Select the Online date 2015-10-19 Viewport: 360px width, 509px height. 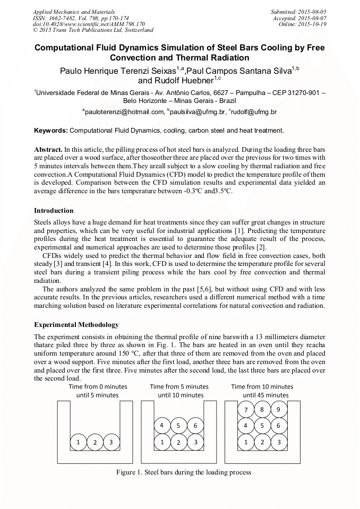[x=311, y=24]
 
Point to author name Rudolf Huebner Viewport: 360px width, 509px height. [x=175, y=81]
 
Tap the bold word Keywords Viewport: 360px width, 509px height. [x=50, y=130]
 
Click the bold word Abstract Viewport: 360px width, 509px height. [x=48, y=150]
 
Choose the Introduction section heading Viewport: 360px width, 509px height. [x=54, y=211]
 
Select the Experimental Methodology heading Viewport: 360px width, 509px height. [x=76, y=324]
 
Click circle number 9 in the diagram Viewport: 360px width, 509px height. [x=279, y=409]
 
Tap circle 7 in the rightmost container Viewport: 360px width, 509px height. [x=245, y=409]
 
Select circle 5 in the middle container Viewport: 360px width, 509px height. [x=178, y=426]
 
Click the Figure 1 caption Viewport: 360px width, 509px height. [x=184, y=472]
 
